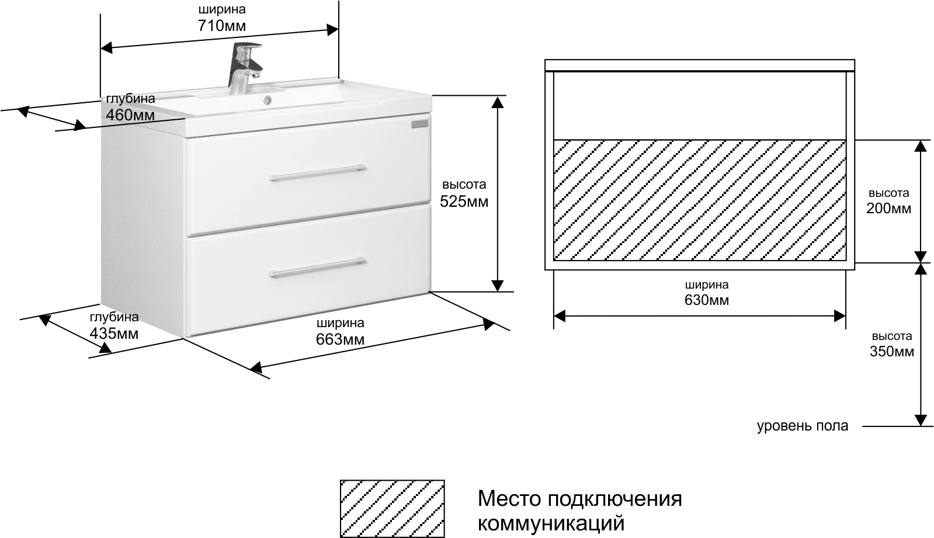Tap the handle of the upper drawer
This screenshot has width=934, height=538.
(x=317, y=173)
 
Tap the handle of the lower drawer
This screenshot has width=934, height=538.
(x=317, y=268)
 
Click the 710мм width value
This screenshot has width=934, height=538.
(x=222, y=26)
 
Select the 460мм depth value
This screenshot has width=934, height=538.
(x=130, y=114)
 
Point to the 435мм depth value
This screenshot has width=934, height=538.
(x=114, y=334)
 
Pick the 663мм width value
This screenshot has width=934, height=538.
(x=340, y=339)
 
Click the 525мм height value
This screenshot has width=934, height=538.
(x=464, y=202)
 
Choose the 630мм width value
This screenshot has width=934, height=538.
(x=707, y=300)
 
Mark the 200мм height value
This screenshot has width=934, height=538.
(x=888, y=208)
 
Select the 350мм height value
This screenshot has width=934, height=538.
(x=892, y=352)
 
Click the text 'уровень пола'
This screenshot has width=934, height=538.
(x=803, y=426)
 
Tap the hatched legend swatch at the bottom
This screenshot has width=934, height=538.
(x=393, y=509)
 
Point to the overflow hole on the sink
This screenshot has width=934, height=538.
(x=268, y=99)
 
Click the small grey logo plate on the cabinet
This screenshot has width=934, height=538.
(x=420, y=124)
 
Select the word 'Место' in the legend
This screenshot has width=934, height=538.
(x=509, y=499)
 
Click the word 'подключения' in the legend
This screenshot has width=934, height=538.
(x=614, y=499)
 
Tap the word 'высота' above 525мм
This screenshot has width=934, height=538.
(x=464, y=185)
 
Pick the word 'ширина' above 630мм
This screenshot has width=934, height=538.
(x=707, y=285)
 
